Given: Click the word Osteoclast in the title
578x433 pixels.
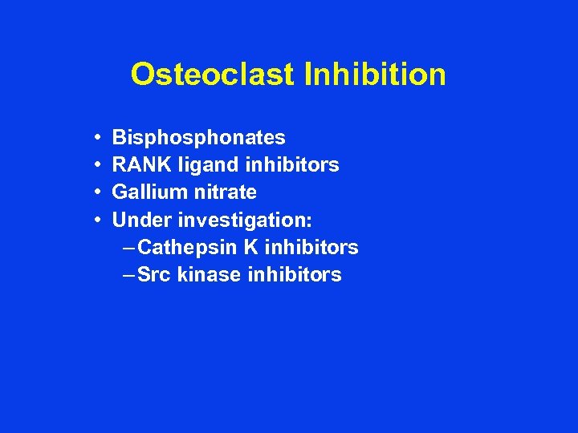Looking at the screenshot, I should [214, 75].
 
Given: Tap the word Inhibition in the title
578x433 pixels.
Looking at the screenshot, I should [375, 75].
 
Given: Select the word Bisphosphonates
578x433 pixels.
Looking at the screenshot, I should [198, 139].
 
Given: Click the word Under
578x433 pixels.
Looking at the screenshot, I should [142, 220].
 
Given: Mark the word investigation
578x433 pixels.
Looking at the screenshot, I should [245, 220].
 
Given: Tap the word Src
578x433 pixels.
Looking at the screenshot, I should [154, 274].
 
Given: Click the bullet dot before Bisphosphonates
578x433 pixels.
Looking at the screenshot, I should [96, 139].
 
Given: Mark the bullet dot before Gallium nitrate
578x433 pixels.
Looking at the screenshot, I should [96, 193].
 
